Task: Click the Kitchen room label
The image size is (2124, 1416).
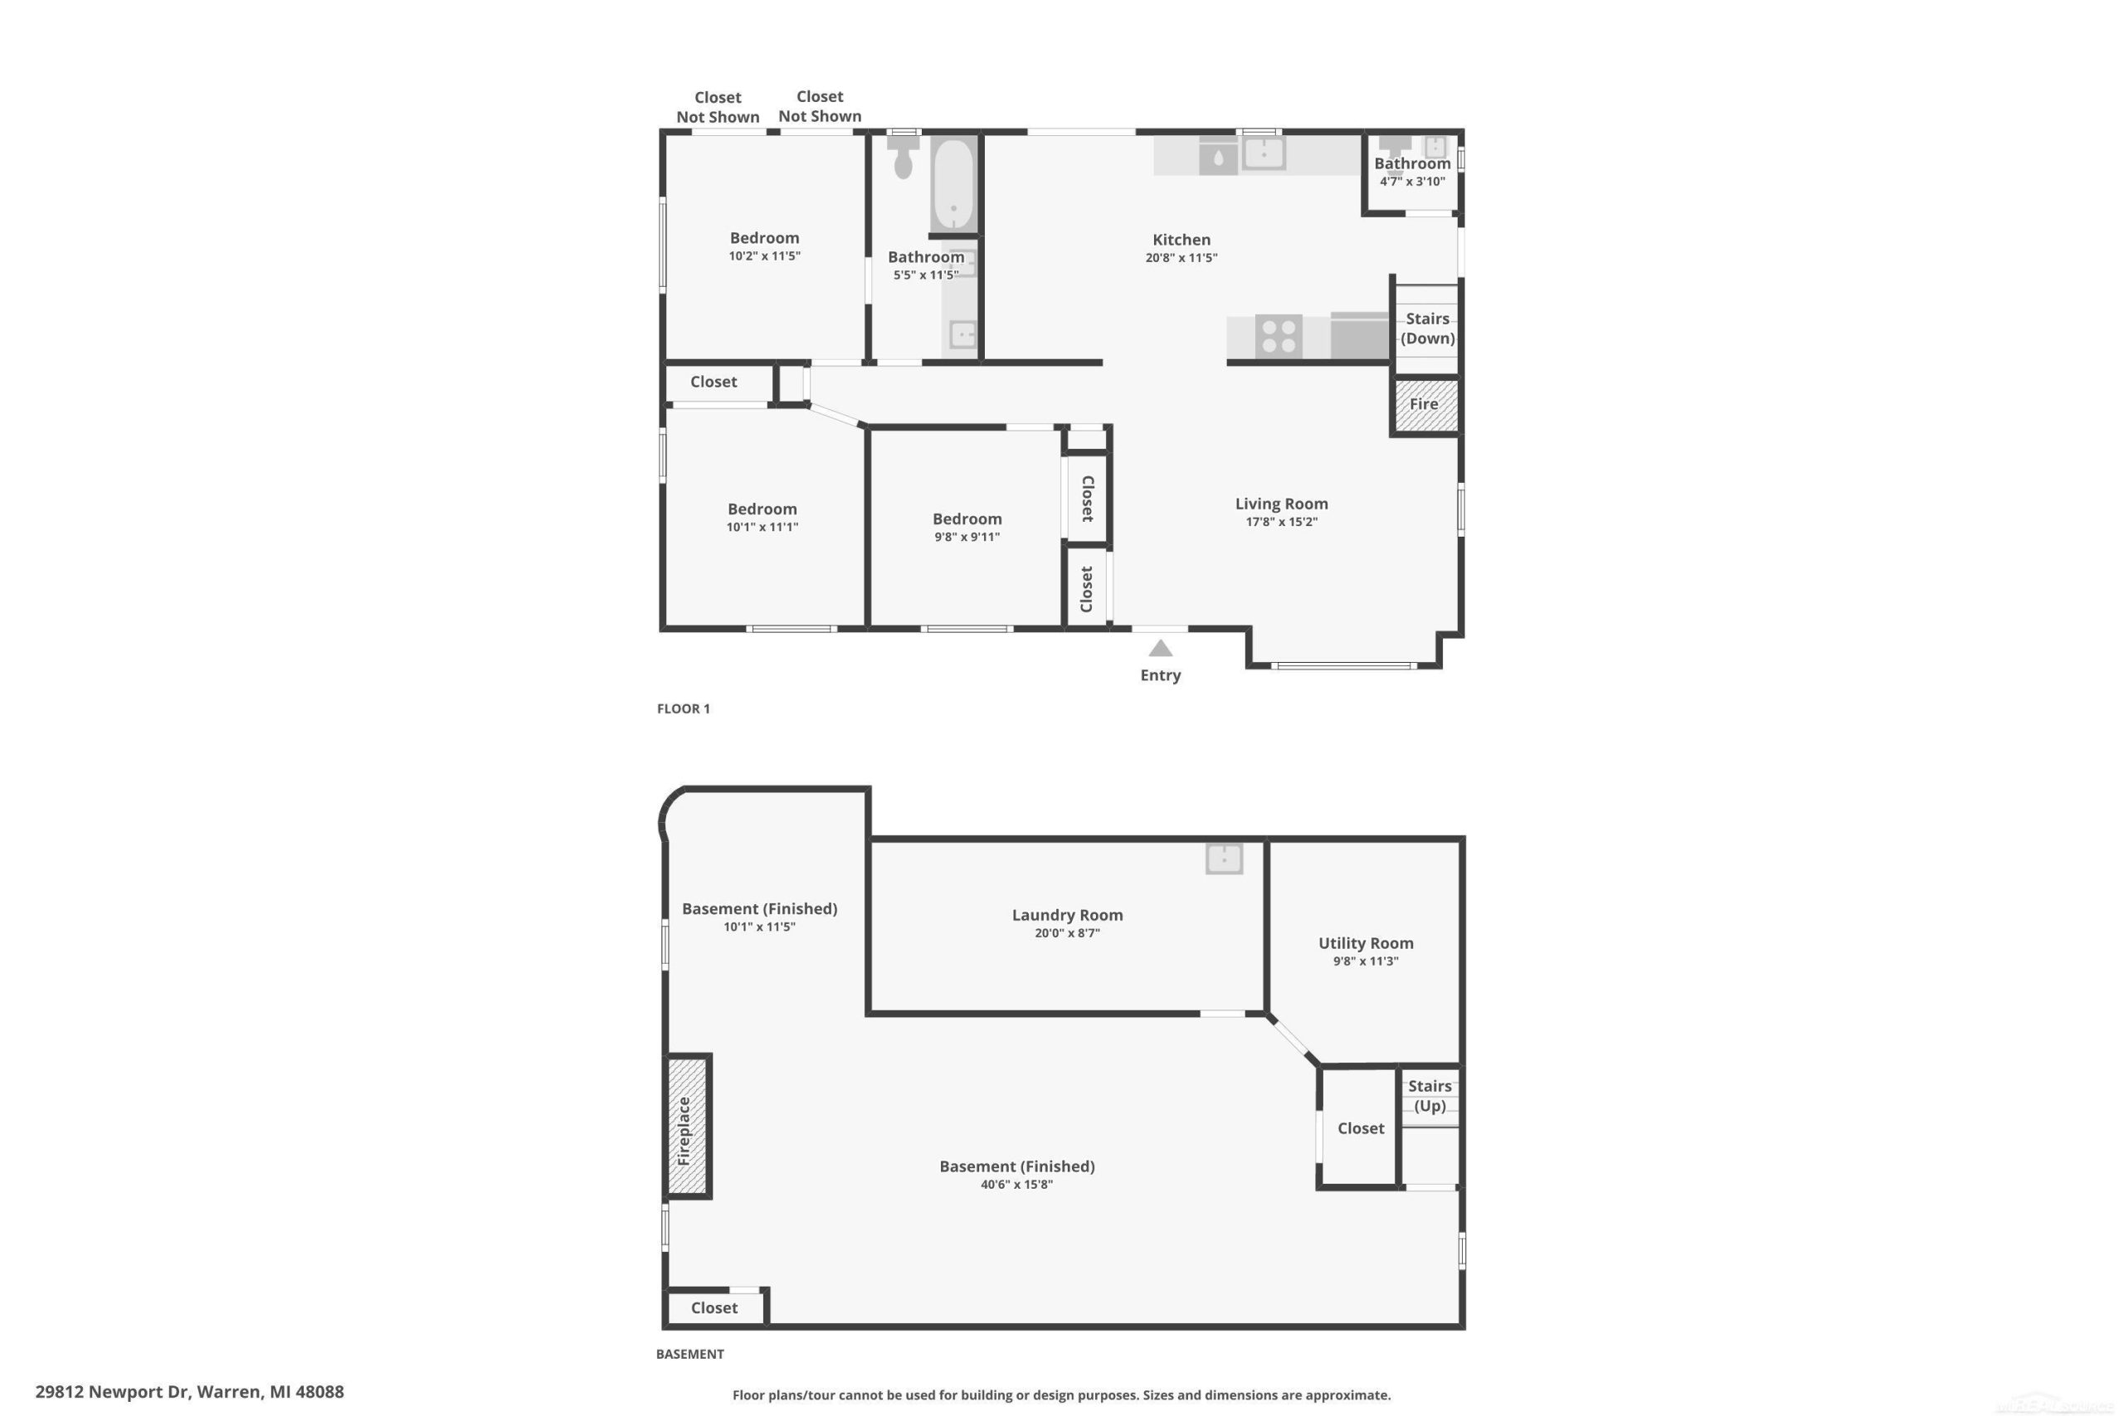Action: (x=1181, y=239)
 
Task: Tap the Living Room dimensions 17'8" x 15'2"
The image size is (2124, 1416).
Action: (x=1281, y=522)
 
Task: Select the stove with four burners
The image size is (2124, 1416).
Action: (x=1279, y=337)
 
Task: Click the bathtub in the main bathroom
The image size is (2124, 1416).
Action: (x=953, y=184)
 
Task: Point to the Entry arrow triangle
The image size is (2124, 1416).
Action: (x=1161, y=649)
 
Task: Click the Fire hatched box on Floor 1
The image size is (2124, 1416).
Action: (x=1426, y=405)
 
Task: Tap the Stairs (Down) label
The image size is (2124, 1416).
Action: (x=1428, y=328)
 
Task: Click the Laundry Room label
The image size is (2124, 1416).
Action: (x=1068, y=915)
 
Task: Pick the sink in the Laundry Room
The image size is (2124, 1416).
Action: (x=1224, y=858)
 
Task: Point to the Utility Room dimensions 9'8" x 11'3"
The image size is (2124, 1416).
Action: (x=1366, y=961)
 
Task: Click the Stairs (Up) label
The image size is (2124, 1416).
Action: (x=1430, y=1096)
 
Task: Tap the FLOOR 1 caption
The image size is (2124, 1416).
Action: (x=684, y=709)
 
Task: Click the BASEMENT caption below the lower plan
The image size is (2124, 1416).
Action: (x=690, y=1354)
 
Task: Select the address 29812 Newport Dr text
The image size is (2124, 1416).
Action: (x=113, y=1392)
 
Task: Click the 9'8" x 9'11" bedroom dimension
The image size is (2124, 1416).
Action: (x=967, y=538)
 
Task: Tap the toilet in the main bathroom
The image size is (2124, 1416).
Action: (x=903, y=157)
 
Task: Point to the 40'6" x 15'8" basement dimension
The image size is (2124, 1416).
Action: (x=1017, y=1185)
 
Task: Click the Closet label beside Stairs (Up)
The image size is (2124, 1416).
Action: (x=1361, y=1128)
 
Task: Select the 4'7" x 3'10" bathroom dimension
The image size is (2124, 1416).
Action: (x=1412, y=182)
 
